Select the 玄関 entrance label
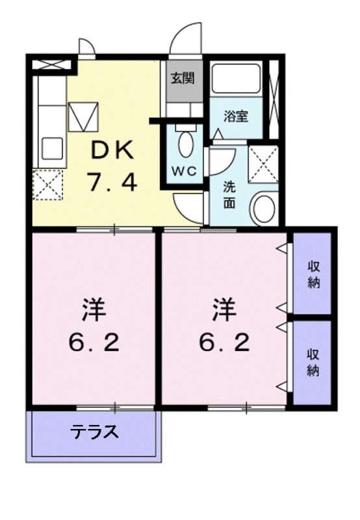pyautogui.click(x=183, y=79)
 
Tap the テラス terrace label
pyautogui.click(x=94, y=432)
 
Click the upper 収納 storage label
pyautogui.click(x=313, y=276)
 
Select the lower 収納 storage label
pyautogui.click(x=313, y=362)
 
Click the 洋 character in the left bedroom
pyautogui.click(x=94, y=308)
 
